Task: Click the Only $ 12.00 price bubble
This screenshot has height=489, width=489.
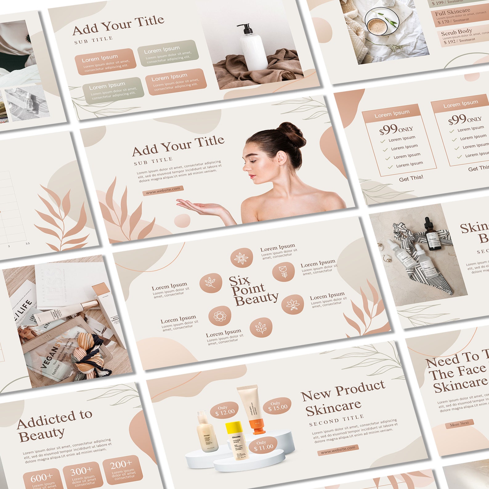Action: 224,410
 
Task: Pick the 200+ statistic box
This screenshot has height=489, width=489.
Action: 123,468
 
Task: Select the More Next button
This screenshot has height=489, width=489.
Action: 459,424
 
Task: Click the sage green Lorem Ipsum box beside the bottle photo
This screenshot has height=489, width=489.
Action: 168,53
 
